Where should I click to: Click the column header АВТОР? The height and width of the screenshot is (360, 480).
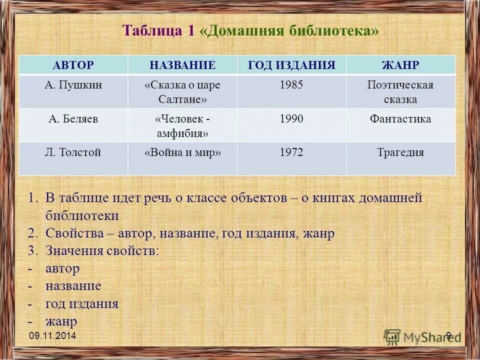tap(73, 65)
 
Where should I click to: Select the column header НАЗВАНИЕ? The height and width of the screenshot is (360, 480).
tap(182, 65)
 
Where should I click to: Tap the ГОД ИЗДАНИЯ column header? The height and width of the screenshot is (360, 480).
tap(291, 65)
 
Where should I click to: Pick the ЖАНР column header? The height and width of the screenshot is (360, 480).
tap(400, 65)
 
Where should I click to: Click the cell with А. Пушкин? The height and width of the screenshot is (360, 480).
tap(73, 85)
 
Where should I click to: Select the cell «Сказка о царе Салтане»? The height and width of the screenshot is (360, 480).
tap(182, 92)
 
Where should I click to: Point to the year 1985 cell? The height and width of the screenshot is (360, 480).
tap(291, 85)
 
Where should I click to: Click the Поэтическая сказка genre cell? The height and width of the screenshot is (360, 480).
tap(400, 92)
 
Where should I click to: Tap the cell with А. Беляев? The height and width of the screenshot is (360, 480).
tap(73, 119)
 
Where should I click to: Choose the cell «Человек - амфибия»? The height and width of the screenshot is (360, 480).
tap(182, 126)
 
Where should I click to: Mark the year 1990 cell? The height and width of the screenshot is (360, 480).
tap(291, 119)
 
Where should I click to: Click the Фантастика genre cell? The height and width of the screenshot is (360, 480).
tap(400, 119)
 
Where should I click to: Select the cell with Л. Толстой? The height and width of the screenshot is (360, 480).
tap(73, 153)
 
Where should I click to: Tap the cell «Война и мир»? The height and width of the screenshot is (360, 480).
tap(182, 153)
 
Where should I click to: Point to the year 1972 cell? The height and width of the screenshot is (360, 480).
tap(291, 153)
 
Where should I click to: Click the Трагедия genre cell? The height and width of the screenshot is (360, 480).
tap(400, 153)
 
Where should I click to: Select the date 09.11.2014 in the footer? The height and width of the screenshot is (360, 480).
tap(52, 336)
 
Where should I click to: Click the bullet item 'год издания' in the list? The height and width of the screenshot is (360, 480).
tap(81, 304)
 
